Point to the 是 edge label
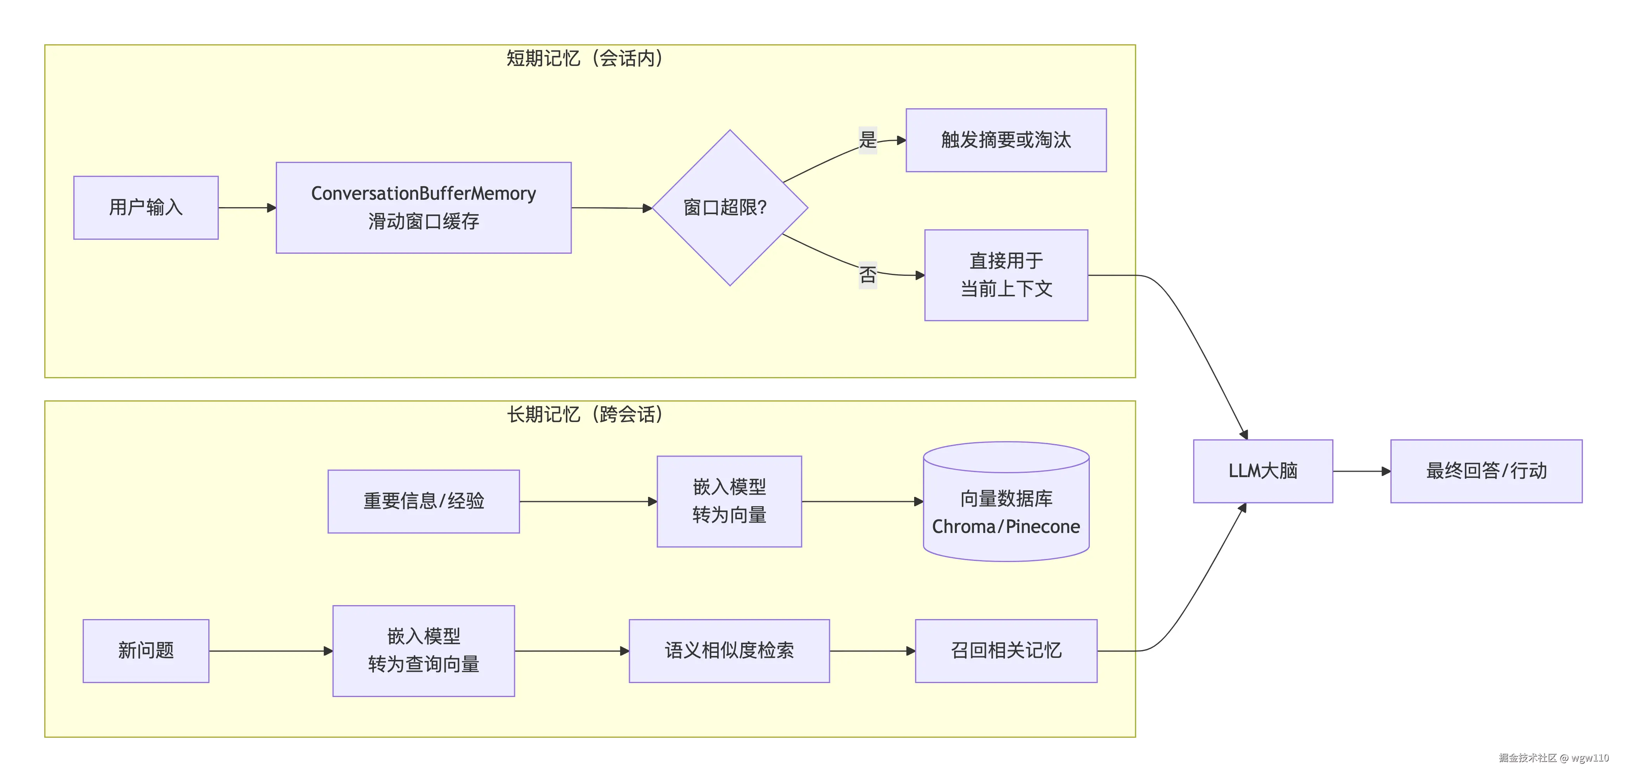tap(868, 140)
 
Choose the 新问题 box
tap(146, 650)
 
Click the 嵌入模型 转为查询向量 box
tap(423, 650)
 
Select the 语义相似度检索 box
tap(729, 650)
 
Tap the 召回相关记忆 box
tap(1006, 650)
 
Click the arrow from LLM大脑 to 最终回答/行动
tap(1361, 471)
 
